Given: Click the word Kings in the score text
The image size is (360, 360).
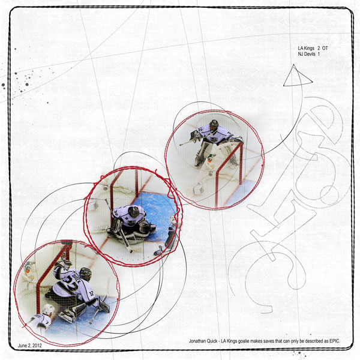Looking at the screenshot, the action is click(x=310, y=48).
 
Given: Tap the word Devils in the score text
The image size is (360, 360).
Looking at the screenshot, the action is click(x=310, y=54).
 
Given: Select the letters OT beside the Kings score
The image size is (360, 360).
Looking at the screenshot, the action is click(x=325, y=48).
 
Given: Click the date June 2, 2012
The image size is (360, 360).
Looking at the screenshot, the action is click(x=30, y=346).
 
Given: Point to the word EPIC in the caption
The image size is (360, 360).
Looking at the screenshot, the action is click(x=335, y=341).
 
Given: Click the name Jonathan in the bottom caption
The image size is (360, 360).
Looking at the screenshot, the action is click(x=197, y=341).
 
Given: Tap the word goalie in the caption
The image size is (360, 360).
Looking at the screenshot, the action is click(x=244, y=341).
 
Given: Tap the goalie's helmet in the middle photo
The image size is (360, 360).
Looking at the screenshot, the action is click(x=134, y=211).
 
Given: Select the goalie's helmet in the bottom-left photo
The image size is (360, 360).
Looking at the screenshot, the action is click(x=86, y=274).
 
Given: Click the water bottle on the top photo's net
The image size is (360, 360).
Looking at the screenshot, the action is click(x=210, y=159).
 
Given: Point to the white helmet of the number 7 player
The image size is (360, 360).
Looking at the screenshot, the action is click(x=49, y=309).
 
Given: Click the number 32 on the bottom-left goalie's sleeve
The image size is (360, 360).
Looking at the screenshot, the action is click(x=91, y=293).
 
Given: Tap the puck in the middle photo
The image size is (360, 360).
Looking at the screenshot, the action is click(x=131, y=251).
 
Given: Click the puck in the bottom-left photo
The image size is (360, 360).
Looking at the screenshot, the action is click(x=91, y=323).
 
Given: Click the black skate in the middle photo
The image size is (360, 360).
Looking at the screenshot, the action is click(x=158, y=251).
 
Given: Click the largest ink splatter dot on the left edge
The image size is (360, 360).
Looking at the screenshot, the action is click(x=3, y=85).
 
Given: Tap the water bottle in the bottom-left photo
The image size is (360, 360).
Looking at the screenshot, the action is click(x=28, y=268).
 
